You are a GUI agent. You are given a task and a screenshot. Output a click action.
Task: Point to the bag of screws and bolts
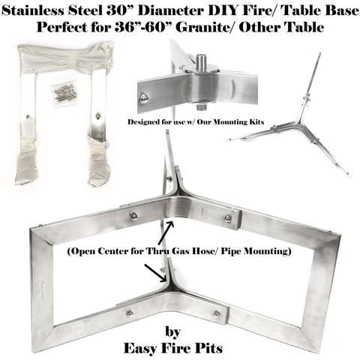tap(65, 92)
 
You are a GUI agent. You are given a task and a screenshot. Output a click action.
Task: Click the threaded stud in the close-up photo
tap(201, 61)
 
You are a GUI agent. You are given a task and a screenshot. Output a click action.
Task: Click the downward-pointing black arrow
tap(156, 273)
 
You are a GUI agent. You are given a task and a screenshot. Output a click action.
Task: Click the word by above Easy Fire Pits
tap(173, 332)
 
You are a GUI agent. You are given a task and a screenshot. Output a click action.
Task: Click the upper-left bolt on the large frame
tap(133, 216)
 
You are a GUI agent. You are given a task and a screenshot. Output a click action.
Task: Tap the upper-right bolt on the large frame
tap(228, 217)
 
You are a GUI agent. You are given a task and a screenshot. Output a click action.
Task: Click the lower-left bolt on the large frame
tap(129, 313)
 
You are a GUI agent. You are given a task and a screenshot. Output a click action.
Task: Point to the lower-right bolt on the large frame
tap(217, 313)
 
